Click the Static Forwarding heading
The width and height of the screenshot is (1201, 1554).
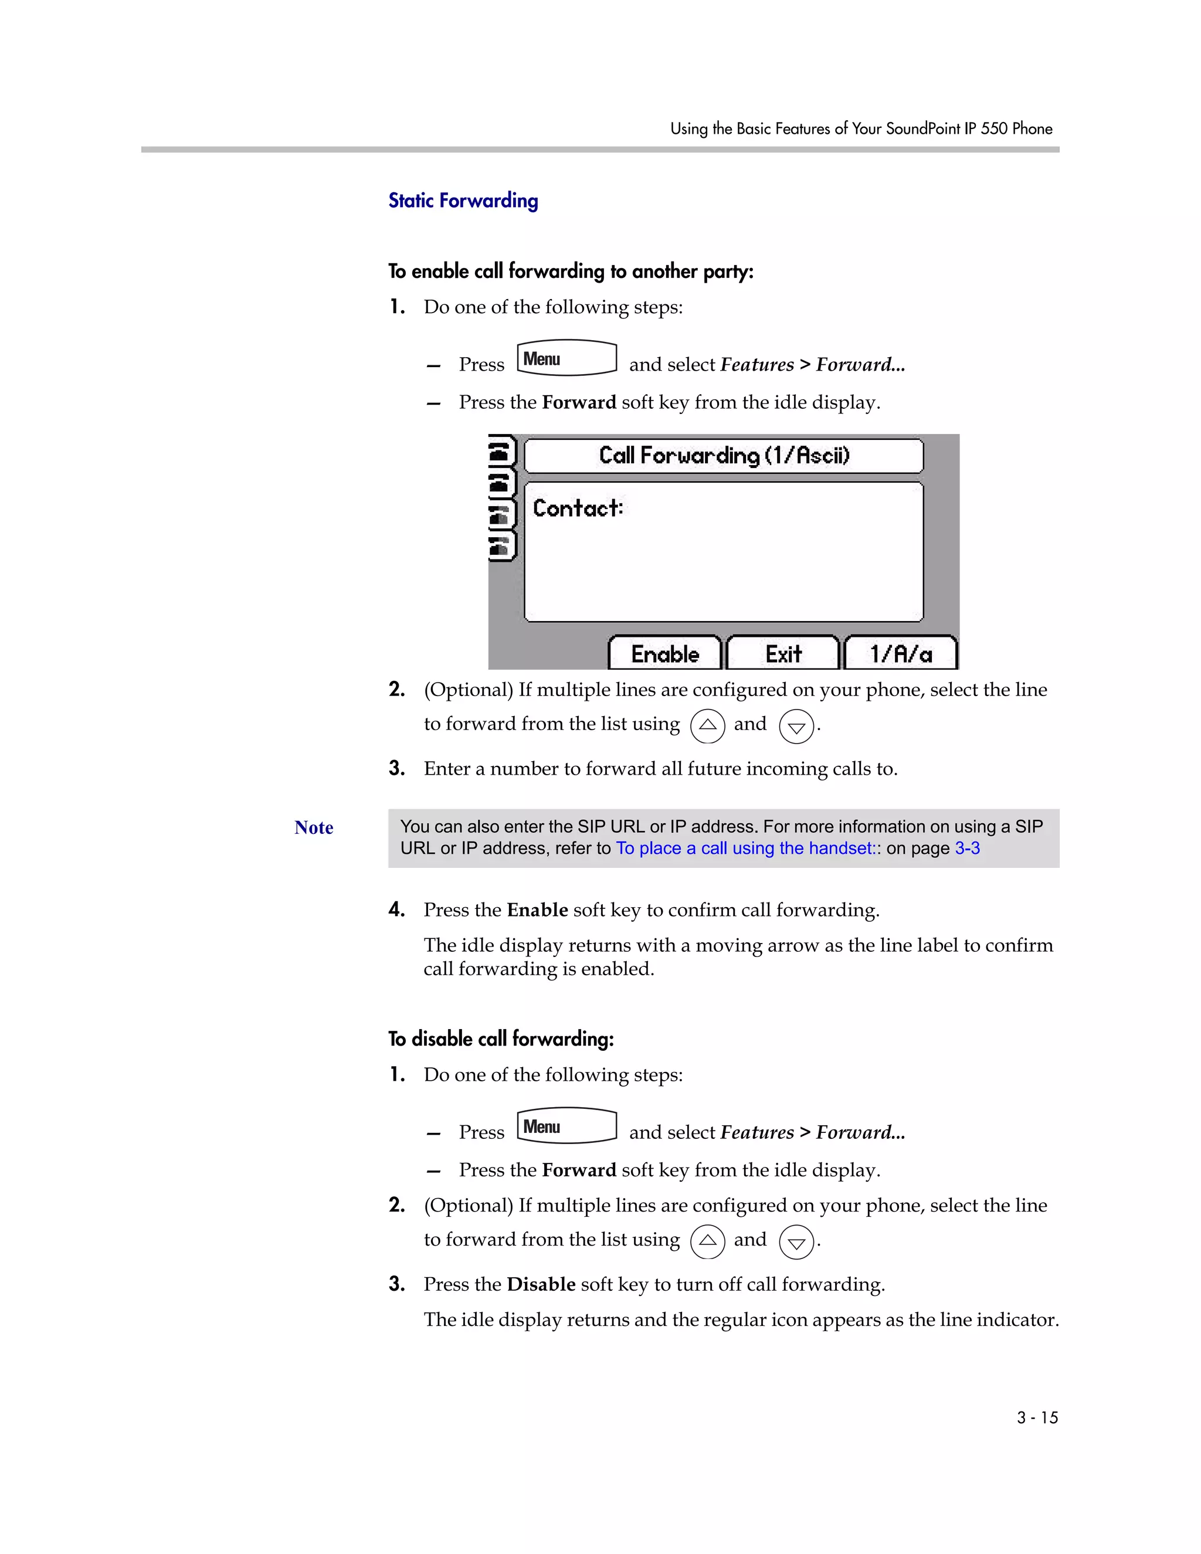(x=463, y=201)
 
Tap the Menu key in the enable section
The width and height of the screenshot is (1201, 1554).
(x=566, y=358)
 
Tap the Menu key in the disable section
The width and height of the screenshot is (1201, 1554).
(x=566, y=1126)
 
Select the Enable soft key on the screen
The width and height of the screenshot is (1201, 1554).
(x=664, y=654)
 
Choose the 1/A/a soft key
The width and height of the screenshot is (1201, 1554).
(x=900, y=654)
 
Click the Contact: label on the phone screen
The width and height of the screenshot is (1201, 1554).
(x=578, y=508)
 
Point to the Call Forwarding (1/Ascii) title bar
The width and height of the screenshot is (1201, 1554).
(x=724, y=456)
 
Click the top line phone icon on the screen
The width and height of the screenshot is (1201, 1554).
(x=501, y=451)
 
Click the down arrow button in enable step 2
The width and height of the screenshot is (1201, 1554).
(x=796, y=727)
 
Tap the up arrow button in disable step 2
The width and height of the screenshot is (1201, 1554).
(x=707, y=1241)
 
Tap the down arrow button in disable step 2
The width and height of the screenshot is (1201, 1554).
(x=796, y=1243)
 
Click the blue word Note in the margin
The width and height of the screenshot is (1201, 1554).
(x=314, y=827)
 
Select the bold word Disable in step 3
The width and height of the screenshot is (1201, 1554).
(x=541, y=1284)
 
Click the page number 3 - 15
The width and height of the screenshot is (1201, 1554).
(x=1037, y=1417)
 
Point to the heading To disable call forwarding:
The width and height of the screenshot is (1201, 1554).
(x=501, y=1039)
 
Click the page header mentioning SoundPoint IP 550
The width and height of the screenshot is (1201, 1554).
(x=861, y=129)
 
